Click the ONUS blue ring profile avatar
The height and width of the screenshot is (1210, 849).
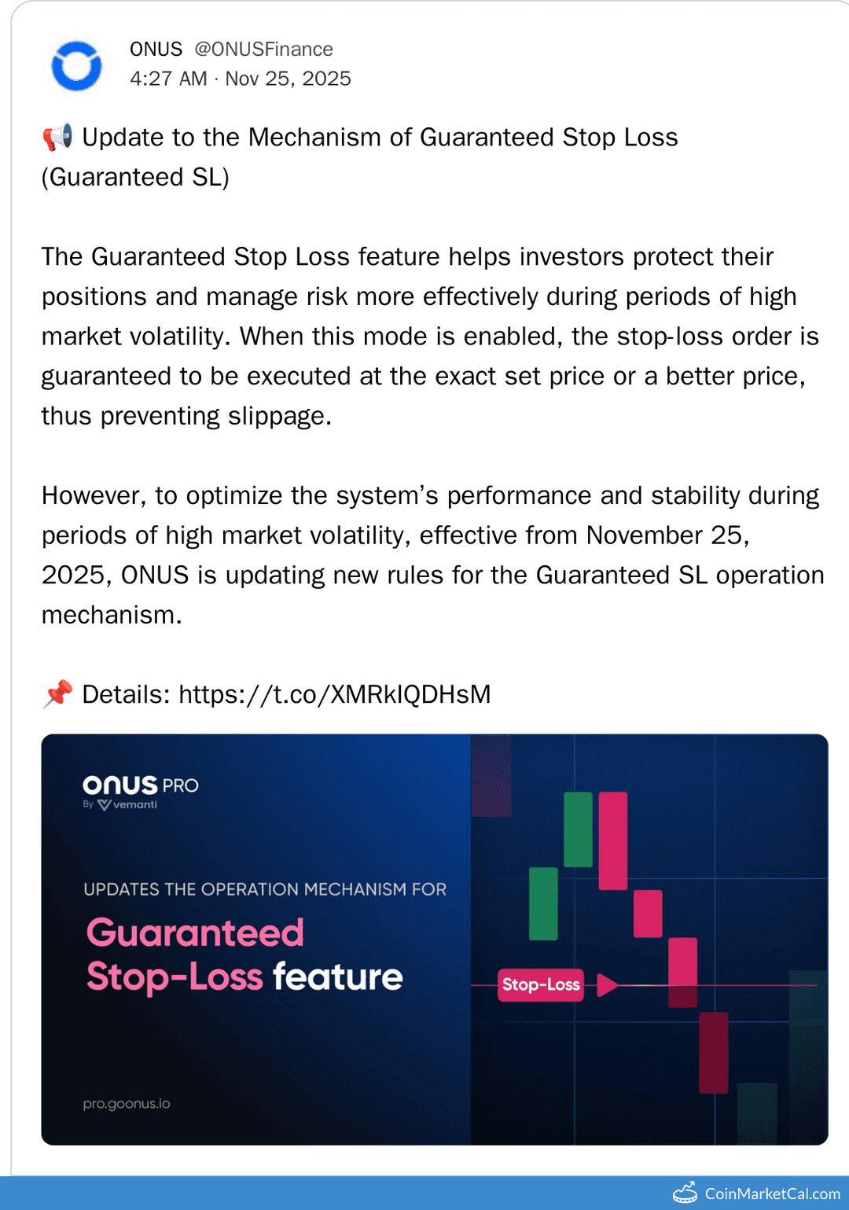pos(76,66)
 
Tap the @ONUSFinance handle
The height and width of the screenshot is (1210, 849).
pos(263,50)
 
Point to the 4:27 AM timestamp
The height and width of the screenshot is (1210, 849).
pos(168,79)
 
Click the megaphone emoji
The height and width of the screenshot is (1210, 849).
pos(57,138)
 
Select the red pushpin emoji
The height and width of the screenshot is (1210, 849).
pos(57,694)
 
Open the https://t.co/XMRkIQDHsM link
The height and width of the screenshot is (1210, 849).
pos(334,694)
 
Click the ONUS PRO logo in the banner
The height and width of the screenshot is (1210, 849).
pos(140,785)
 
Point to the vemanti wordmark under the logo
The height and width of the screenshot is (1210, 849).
pos(134,804)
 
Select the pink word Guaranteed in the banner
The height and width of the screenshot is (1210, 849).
pos(195,933)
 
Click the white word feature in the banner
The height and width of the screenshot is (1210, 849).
pos(337,977)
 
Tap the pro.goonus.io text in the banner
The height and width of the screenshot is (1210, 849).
pos(127,1104)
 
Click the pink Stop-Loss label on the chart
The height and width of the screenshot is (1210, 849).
pos(541,984)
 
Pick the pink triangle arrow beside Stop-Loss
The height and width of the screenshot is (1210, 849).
pos(606,984)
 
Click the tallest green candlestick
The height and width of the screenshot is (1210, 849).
pos(578,829)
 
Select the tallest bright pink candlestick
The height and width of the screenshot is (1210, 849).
pos(613,840)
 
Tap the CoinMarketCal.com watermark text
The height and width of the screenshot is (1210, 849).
pos(772,1193)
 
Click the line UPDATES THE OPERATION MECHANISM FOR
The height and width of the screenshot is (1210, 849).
pos(265,889)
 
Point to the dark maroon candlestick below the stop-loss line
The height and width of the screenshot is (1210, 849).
pos(713,1052)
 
